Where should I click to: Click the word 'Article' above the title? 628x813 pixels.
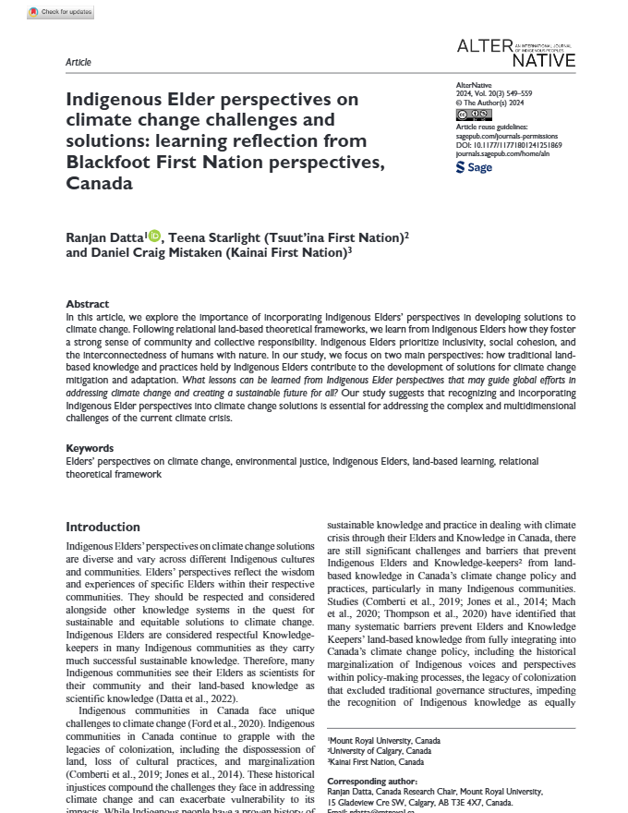tap(78, 62)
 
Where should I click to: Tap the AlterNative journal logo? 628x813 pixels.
tap(516, 52)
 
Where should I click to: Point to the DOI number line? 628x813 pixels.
tap(509, 145)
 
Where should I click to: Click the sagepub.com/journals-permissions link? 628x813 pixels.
tap(502, 136)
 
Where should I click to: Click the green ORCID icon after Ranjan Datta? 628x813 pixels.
tap(154, 237)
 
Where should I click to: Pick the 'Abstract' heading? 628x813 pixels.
tap(87, 304)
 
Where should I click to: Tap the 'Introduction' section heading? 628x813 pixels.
tap(103, 527)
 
